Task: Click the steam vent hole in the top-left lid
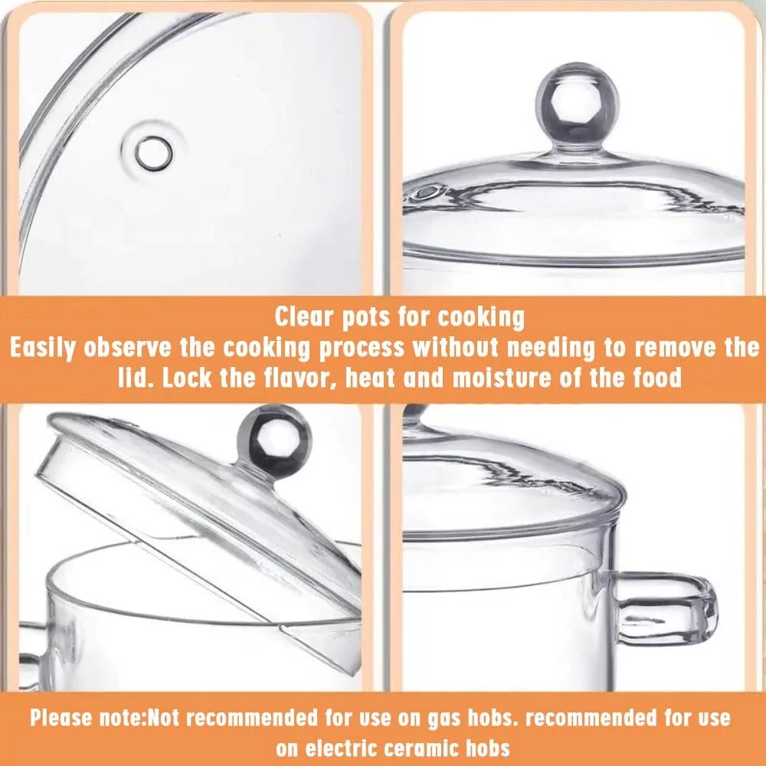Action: point(154,153)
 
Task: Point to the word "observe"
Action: point(128,348)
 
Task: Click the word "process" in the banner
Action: point(362,349)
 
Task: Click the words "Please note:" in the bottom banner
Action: point(88,719)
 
